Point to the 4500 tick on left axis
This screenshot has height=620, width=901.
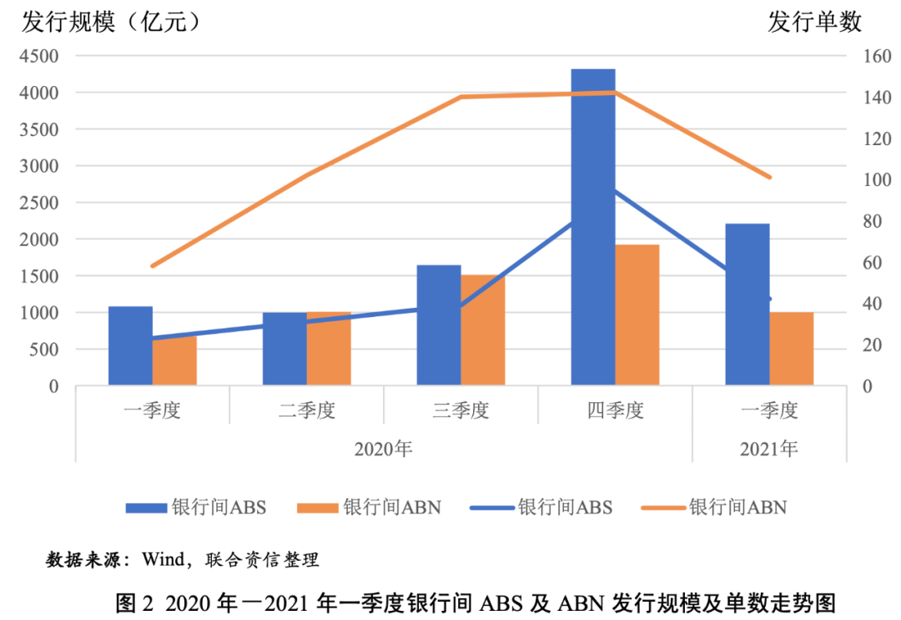39,56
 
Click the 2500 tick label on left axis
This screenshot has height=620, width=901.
39,203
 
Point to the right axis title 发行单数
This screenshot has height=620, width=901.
815,23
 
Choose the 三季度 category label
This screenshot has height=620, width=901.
461,411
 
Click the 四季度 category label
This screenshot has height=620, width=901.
616,411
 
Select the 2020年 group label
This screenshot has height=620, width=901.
384,449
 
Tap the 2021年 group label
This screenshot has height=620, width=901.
769,449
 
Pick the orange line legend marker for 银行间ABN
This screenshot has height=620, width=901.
661,507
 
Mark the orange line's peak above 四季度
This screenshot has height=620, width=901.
615,93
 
